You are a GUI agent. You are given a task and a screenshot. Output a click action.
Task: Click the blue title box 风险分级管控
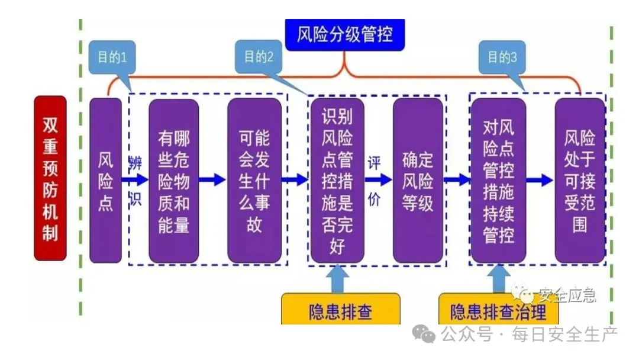pos(345,34)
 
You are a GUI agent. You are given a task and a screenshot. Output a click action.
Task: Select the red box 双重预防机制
pos(50,178)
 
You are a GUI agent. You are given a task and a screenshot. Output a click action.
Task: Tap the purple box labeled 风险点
pos(105,181)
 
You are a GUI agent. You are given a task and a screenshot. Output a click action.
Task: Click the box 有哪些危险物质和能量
pos(173,181)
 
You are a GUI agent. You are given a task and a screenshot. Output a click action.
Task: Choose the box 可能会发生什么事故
pos(254,181)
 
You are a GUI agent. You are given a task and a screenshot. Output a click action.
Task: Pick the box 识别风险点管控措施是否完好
pos(337,181)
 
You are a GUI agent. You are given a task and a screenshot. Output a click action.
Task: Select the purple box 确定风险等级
pos(418,181)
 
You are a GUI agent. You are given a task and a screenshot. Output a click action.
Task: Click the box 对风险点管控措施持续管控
pos(498,181)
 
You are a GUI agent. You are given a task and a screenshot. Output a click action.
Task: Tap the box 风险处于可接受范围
pos(580,181)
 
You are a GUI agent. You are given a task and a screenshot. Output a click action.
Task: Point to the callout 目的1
pos(112,57)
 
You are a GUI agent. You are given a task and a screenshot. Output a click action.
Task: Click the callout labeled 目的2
pos(259,57)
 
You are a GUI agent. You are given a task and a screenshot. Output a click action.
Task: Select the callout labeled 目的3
pos(502,57)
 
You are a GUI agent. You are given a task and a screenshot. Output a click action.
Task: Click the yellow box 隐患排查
pos(340,310)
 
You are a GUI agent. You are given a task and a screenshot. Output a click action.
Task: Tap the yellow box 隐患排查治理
pos(498,310)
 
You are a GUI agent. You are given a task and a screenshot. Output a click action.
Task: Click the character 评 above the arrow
pos(374,163)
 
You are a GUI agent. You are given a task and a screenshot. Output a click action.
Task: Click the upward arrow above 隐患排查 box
pos(337,278)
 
